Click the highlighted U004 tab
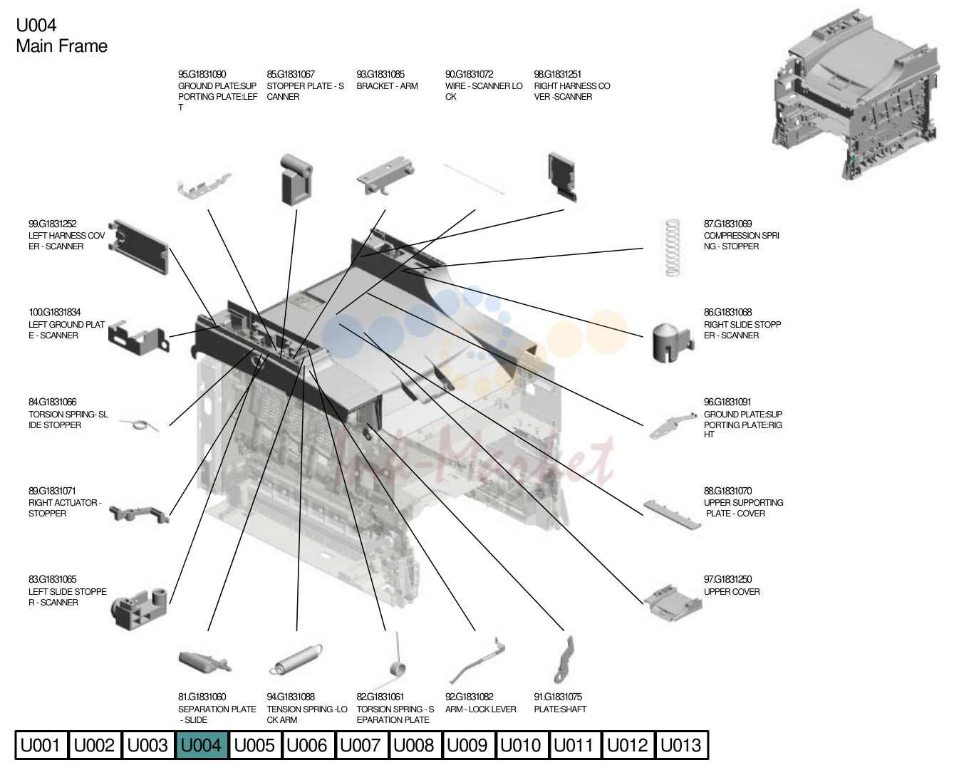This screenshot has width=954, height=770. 202,745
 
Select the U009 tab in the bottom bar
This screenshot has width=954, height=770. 467,745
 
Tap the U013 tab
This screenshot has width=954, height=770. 681,745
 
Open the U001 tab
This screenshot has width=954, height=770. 41,745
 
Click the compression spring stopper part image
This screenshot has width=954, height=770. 672,248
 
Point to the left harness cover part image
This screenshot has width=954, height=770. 138,246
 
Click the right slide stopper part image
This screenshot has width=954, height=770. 673,342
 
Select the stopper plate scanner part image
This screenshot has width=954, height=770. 296,180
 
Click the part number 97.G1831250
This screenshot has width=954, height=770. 727,579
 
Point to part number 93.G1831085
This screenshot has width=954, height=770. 380,74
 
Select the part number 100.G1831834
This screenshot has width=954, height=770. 55,313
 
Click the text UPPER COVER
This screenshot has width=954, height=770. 732,592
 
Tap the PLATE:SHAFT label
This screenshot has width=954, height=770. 560,709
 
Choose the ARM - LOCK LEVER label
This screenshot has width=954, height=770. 481,709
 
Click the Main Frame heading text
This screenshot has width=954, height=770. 62,46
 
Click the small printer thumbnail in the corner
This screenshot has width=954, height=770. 856,94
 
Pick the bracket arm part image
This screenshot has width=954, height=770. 385,175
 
